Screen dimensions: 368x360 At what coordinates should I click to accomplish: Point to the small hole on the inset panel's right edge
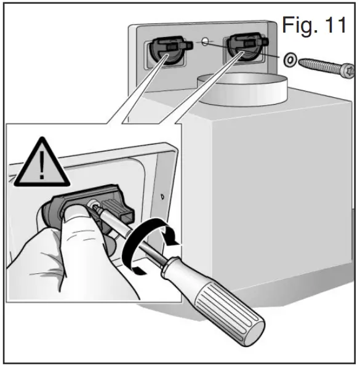coord(162,198)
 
